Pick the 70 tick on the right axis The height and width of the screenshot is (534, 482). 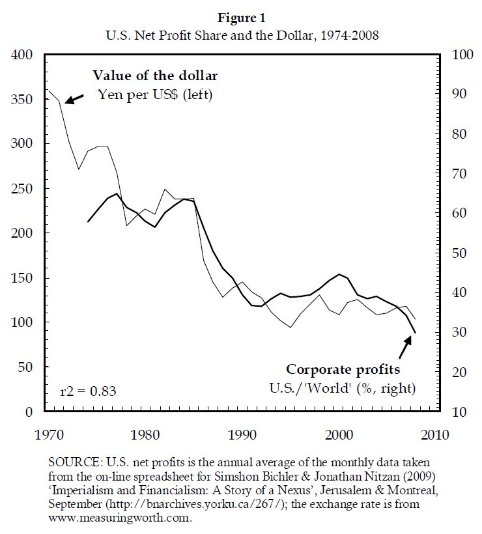[452, 175]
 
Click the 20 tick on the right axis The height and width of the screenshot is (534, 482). [452, 372]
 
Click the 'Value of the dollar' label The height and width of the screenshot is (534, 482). [155, 76]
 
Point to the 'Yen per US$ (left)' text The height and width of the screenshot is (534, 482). [155, 94]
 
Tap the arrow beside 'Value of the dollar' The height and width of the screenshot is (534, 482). [74, 98]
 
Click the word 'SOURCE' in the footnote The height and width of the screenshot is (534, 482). [73, 462]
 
